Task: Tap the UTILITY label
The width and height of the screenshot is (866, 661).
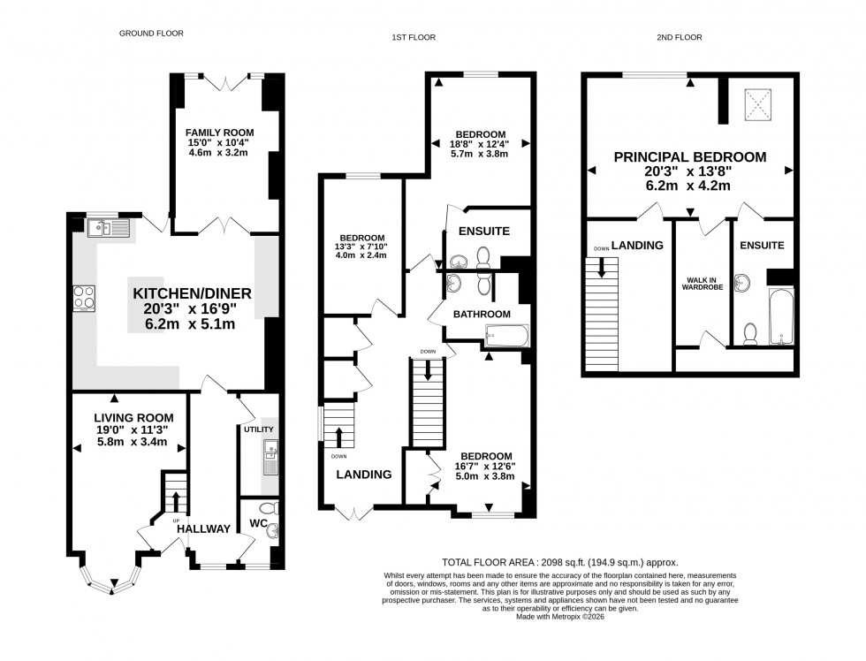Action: click(258, 429)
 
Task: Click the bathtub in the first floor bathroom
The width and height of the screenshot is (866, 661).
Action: click(507, 335)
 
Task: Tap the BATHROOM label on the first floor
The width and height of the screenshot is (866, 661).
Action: click(482, 314)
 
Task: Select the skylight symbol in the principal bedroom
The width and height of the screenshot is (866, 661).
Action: click(757, 105)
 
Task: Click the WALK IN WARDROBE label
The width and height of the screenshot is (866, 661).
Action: click(703, 287)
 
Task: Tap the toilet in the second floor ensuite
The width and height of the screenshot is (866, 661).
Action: click(750, 333)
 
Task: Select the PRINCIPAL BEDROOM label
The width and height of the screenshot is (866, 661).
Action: click(690, 157)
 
